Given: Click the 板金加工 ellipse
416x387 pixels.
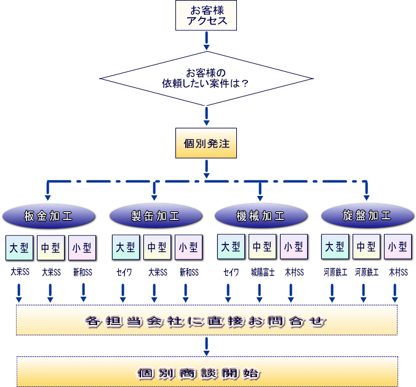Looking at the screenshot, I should tap(49, 216).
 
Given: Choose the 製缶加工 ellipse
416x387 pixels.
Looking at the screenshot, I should tap(156, 216).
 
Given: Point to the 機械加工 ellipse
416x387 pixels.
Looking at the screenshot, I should tap(260, 216).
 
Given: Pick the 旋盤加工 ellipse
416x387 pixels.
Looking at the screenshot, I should tap(367, 216).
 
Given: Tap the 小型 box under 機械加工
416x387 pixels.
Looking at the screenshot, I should tap(293, 248).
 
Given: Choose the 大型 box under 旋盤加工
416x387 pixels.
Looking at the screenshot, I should tap(335, 248).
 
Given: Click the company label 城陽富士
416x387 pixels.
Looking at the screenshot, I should tap(262, 272).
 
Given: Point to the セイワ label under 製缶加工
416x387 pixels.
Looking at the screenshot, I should tap(124, 272).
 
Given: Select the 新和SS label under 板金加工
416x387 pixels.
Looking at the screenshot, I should tap(82, 272).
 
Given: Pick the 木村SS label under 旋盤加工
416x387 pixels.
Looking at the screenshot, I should tap(398, 272).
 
